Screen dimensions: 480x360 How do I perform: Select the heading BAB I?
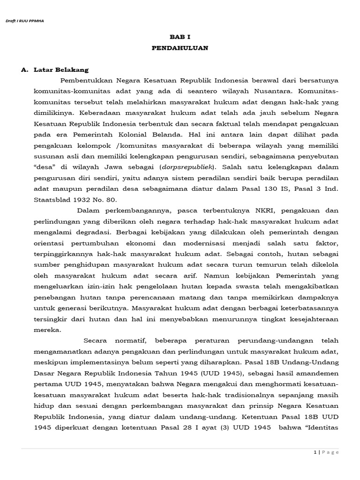click(x=180, y=37)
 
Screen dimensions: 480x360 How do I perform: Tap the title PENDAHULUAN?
click(x=180, y=48)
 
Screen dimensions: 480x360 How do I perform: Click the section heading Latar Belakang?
click(x=61, y=70)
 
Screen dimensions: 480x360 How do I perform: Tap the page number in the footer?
click(x=315, y=452)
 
